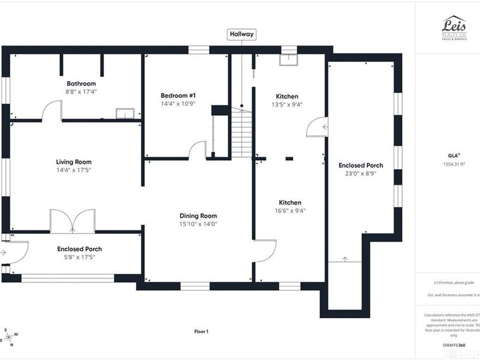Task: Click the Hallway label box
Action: [242, 35]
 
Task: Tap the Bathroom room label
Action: [81, 83]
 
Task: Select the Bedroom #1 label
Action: [178, 95]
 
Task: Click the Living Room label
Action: [74, 162]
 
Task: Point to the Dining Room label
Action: [198, 216]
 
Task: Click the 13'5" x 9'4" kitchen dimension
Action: [287, 104]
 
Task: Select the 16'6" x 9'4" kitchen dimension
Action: [289, 211]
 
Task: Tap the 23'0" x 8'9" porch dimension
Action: [361, 173]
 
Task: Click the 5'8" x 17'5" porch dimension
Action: [79, 257]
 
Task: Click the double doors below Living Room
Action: [73, 220]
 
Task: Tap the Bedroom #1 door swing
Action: [197, 151]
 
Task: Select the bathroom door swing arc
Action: [52, 111]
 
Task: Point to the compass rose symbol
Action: [10, 337]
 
